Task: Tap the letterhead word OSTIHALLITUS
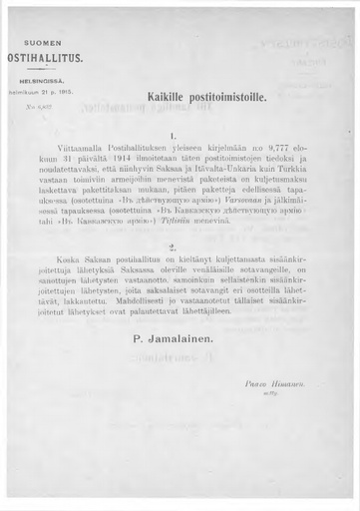(36, 58)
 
